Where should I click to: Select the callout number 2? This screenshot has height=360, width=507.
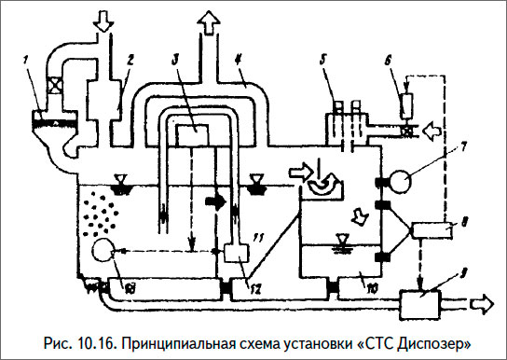pyautogui.click(x=130, y=58)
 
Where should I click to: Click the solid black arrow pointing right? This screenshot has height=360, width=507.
pyautogui.click(x=216, y=198)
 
